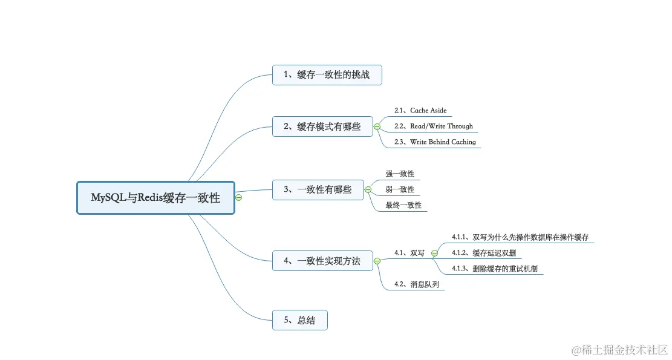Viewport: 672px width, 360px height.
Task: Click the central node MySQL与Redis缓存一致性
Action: [155, 198]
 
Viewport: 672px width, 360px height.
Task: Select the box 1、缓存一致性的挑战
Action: [327, 75]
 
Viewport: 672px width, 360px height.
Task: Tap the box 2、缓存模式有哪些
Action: [322, 126]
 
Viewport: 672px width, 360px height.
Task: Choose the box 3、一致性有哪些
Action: [318, 189]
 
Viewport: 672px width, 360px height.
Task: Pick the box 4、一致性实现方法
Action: [322, 261]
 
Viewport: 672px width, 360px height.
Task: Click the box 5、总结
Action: [300, 320]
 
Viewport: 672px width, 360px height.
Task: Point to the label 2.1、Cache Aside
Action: [420, 111]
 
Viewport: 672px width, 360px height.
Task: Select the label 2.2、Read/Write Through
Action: [433, 126]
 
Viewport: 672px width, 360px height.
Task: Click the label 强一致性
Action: [400, 174]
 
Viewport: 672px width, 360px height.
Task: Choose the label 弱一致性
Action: [400, 189]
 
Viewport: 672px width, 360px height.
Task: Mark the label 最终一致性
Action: [403, 205]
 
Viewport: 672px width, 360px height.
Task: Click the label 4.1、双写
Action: [409, 253]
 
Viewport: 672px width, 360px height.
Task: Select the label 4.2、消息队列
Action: [416, 284]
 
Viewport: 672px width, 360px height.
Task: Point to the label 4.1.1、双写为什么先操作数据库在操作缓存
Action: [520, 237]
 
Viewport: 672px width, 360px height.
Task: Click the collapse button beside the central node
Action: [239, 198]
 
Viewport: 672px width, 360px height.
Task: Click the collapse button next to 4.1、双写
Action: [434, 253]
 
